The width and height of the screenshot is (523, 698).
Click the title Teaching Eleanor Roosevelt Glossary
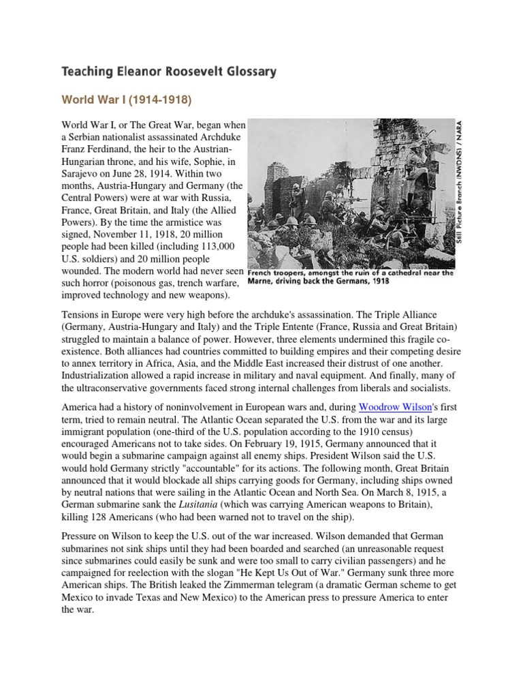tap(170, 71)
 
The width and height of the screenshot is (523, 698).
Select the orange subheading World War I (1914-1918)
tap(126, 100)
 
